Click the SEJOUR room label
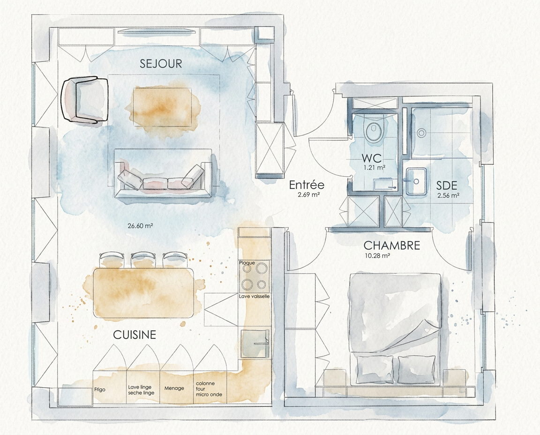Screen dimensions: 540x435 pos(161,64)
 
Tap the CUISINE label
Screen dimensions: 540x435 pos(135,335)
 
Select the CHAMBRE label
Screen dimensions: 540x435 pos(392,246)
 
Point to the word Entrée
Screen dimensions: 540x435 pos(307,185)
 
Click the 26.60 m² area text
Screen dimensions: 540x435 pos(140,226)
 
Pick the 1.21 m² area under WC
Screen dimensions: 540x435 pos(375,168)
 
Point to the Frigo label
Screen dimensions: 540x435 pos(100,390)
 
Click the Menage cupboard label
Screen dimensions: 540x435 pos(174,388)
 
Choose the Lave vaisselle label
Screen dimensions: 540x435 pos(255,296)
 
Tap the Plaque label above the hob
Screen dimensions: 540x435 pos(247,263)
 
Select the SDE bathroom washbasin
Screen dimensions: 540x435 pos(416,181)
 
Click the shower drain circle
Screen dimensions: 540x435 pos(421,133)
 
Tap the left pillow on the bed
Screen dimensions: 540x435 pos(375,370)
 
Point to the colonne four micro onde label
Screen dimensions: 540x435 pos(209,389)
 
